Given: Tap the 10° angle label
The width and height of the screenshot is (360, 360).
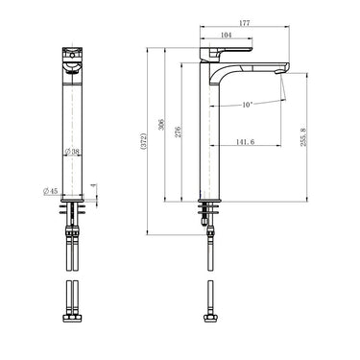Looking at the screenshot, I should [x=247, y=104].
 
